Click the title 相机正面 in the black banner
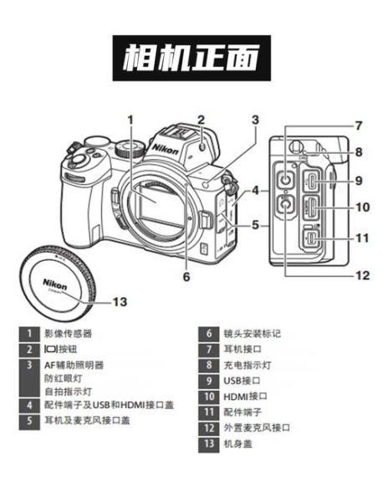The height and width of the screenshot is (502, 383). (191, 58)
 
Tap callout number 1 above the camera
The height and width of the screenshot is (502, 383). (130, 119)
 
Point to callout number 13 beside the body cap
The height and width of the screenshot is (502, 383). (120, 301)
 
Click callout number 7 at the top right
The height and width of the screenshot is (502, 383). (357, 126)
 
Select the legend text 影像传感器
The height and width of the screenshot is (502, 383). (69, 334)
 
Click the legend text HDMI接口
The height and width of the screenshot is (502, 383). (246, 396)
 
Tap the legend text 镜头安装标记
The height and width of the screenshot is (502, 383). (252, 334)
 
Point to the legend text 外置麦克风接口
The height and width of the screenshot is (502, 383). (257, 428)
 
